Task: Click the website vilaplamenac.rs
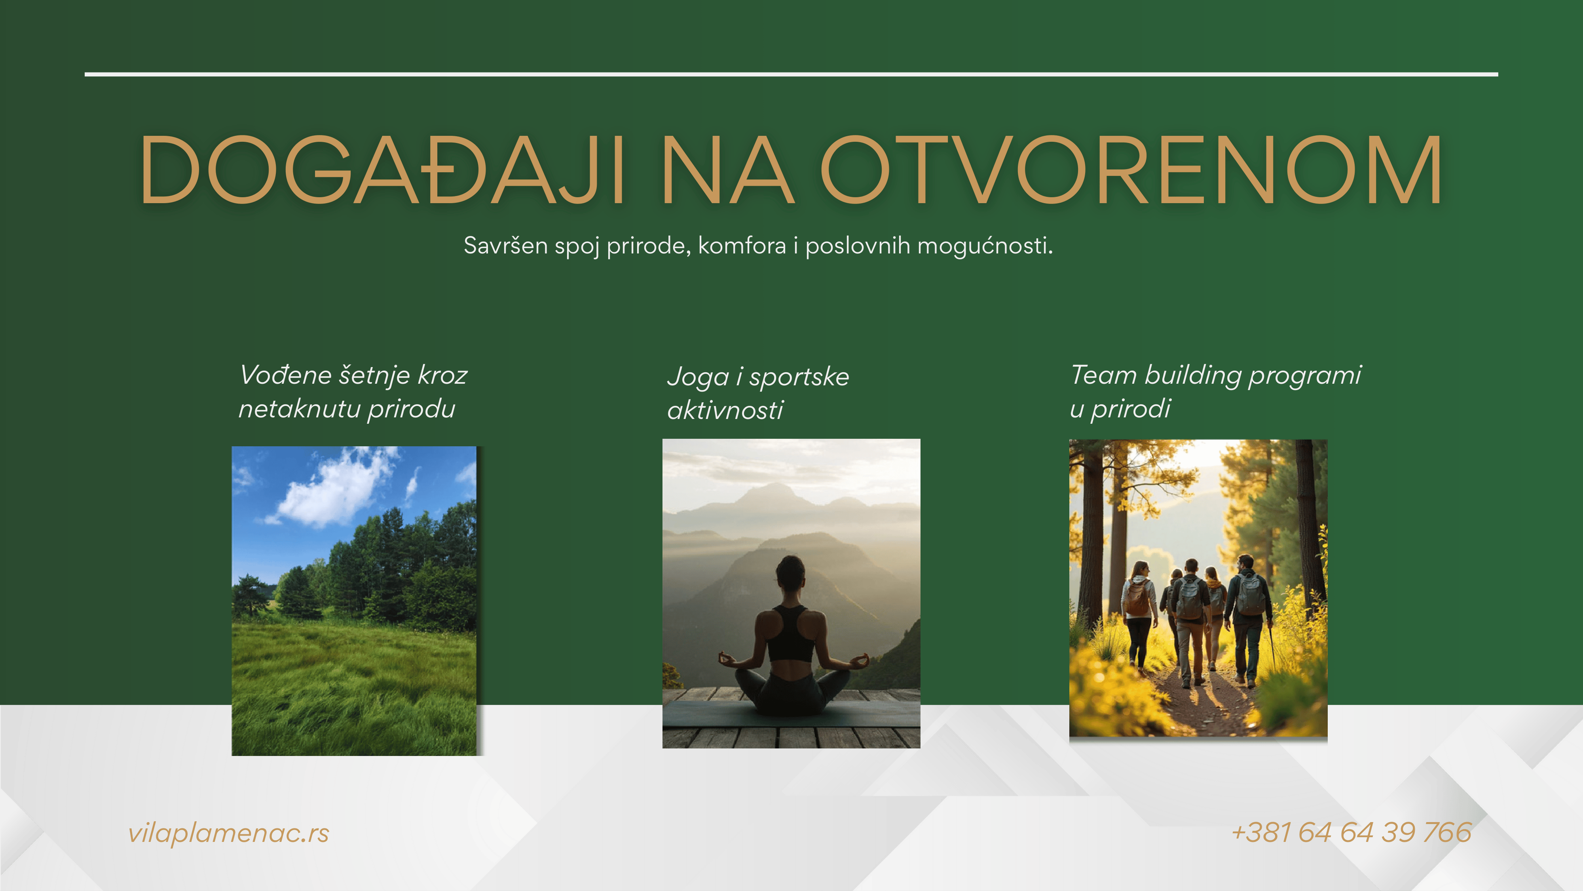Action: [229, 833]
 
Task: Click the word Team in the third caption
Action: [1103, 375]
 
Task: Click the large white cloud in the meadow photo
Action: [335, 489]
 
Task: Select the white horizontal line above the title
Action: [791, 74]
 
